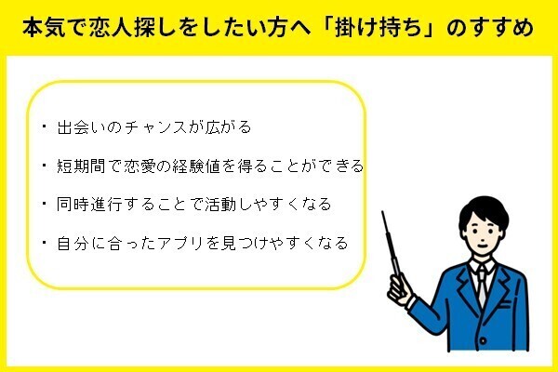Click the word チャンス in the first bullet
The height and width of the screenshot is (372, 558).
coord(156,127)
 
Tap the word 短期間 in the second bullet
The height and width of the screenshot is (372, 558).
coord(81,166)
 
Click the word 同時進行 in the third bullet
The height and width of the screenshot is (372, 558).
coord(89,205)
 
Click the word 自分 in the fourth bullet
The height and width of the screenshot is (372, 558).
coord(73,243)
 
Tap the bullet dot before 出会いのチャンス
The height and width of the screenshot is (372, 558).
coord(44,126)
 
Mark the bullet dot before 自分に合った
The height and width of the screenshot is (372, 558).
coord(44,242)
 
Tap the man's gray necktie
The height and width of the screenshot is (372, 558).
coord(481,285)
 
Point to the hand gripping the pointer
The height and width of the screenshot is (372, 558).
coord(399,289)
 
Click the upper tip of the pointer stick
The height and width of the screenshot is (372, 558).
coord(383,213)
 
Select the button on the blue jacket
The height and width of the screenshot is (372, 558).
coord(483,340)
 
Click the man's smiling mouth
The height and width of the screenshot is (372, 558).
coord(482,246)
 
